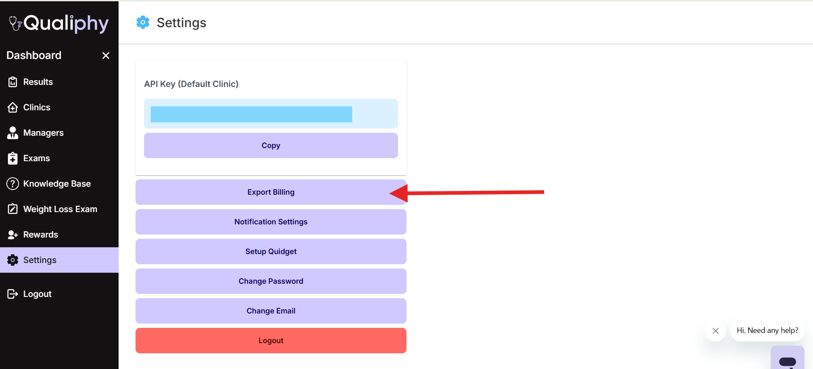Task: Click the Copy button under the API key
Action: click(271, 145)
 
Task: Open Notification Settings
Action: click(271, 222)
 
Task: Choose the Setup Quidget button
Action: click(271, 252)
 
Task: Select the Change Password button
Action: click(271, 281)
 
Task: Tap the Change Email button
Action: click(271, 311)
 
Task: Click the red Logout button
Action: click(271, 341)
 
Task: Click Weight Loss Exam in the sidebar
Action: click(59, 209)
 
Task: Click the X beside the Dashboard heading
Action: click(106, 56)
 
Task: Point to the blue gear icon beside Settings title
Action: click(143, 22)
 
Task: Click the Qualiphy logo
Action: click(59, 23)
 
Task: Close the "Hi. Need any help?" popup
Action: click(716, 331)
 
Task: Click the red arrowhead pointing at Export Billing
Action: click(399, 193)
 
